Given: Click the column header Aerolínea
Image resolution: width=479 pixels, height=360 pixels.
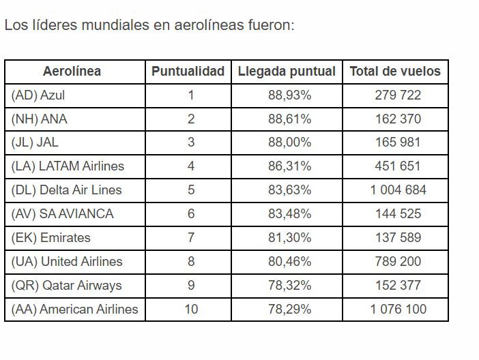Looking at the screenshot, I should [72, 71].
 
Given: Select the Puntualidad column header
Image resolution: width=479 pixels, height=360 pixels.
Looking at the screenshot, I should [188, 71].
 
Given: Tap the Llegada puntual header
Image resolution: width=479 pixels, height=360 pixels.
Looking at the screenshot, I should [287, 71].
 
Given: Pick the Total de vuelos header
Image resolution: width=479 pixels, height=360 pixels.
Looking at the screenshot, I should [395, 71].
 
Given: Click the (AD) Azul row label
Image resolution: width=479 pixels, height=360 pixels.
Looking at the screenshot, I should [38, 95].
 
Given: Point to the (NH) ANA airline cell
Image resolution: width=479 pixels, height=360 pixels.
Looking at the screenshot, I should [40, 119].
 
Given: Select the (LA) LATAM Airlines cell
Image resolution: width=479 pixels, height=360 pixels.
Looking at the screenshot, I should [68, 166].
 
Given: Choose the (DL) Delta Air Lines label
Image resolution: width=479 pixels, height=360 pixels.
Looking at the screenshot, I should [67, 190].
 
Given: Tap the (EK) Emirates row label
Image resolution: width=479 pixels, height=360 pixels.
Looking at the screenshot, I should [51, 237].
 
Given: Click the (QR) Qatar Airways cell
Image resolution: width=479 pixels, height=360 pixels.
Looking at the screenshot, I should [67, 285].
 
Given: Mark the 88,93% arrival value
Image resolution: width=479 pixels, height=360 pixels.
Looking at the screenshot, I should [289, 95].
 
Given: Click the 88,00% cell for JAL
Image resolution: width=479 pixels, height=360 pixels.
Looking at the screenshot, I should [289, 142].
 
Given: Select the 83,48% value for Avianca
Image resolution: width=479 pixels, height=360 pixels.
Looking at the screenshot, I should [289, 213].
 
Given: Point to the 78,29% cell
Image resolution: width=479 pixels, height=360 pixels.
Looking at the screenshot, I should [289, 309].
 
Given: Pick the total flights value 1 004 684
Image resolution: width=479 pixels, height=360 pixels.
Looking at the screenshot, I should [398, 190].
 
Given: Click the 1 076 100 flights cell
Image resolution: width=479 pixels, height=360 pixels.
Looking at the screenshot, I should [398, 309].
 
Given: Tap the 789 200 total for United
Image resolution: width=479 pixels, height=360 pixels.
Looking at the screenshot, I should [398, 261].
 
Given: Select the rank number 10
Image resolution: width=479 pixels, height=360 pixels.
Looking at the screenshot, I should [191, 309].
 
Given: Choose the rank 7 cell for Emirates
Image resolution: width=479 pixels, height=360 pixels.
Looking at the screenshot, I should [191, 237].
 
